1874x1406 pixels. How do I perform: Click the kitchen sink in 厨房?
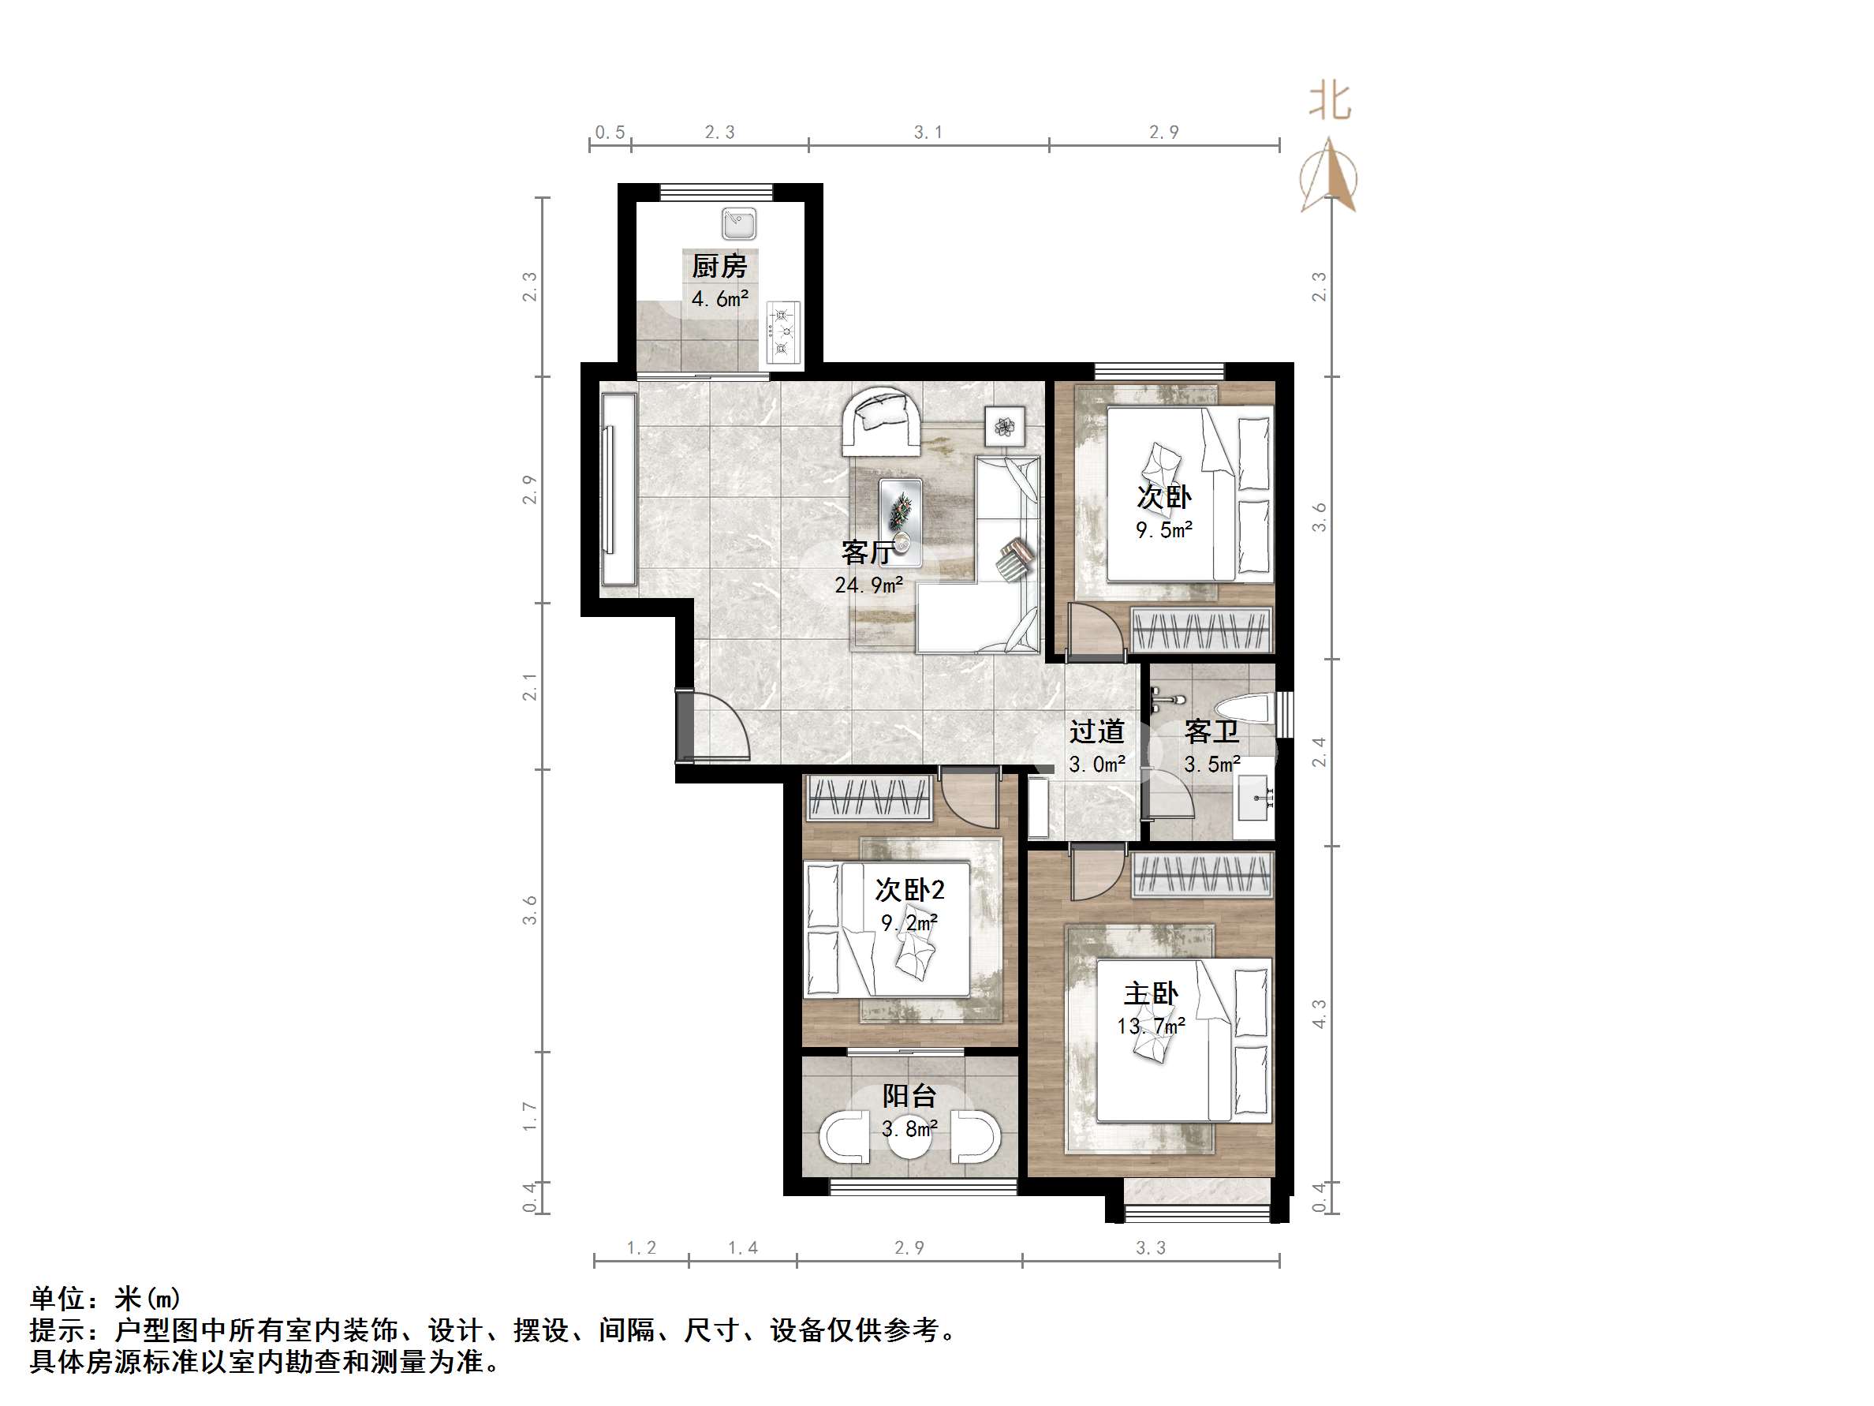coord(739,225)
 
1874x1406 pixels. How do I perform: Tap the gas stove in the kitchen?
coord(783,332)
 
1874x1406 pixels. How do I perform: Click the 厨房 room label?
coord(719,266)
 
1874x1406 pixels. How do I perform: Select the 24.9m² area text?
coord(868,585)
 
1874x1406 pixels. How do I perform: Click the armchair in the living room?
coord(881,422)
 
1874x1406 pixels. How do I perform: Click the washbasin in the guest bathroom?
coord(1256,798)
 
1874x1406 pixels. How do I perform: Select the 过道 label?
coord(1096,731)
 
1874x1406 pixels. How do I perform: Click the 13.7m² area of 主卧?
coord(1151,1026)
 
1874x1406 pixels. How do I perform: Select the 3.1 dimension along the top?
coord(928,133)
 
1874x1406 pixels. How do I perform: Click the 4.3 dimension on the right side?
coord(1319,1014)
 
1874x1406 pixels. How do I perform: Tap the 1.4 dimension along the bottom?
coord(742,1247)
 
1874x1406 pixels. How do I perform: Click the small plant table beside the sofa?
coord(1005,426)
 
